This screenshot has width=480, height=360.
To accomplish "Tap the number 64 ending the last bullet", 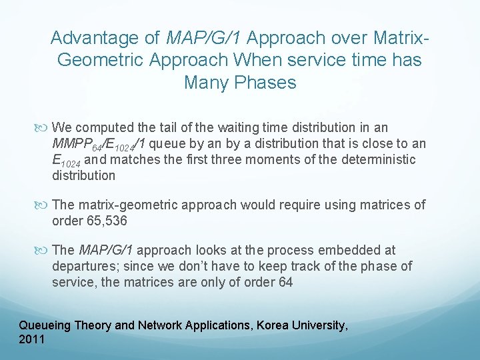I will click(x=285, y=283).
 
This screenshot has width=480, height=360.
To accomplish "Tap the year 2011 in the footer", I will click(x=32, y=340).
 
